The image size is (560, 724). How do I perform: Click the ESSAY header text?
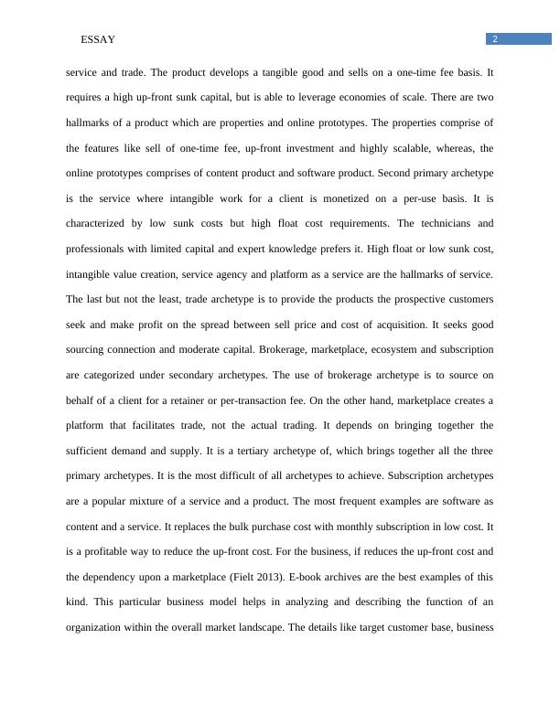(98, 39)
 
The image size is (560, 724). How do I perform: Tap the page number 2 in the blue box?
(494, 38)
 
